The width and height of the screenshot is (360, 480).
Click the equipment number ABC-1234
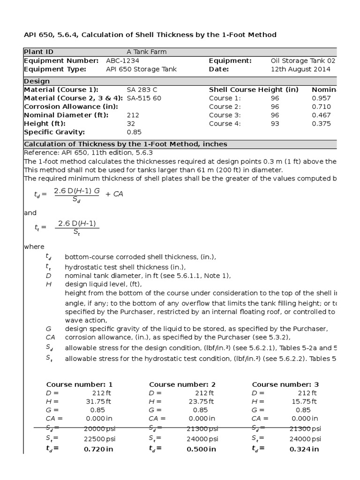(x=122, y=60)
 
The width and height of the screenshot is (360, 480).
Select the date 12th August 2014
(x=300, y=69)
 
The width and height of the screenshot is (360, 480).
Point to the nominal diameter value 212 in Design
(x=133, y=115)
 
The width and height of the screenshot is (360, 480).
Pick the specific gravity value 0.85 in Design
(x=134, y=132)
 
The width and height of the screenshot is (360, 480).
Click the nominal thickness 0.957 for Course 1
(x=321, y=98)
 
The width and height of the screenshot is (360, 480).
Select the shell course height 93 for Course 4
(x=275, y=123)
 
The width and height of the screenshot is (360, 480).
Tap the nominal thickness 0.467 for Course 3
(x=321, y=115)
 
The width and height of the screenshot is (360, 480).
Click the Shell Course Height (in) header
(x=253, y=90)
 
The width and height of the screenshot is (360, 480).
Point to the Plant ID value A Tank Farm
(x=146, y=52)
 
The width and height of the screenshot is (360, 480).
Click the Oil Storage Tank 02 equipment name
(x=303, y=60)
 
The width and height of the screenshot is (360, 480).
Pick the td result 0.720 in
(x=98, y=449)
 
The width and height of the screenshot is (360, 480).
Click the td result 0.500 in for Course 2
(x=202, y=449)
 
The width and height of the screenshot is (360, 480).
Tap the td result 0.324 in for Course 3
(x=304, y=449)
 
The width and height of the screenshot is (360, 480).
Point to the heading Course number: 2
(x=182, y=384)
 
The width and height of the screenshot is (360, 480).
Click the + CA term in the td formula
(x=114, y=194)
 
